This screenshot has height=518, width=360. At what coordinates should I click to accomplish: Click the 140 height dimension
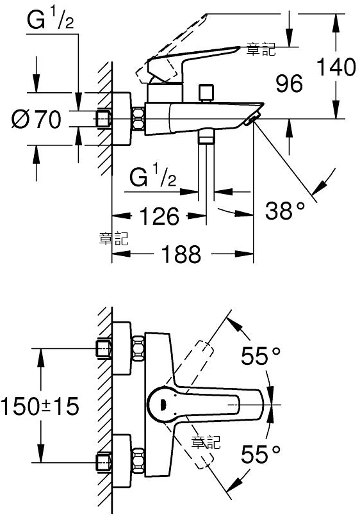[x=336, y=67]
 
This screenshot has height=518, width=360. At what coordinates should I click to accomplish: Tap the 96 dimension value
[x=290, y=84]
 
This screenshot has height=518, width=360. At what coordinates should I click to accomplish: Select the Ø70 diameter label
[x=37, y=119]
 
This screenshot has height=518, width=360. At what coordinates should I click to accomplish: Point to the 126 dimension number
[x=160, y=216]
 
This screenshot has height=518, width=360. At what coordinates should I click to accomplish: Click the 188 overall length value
[x=181, y=254]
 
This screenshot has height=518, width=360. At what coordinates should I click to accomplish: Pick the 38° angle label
[x=284, y=211]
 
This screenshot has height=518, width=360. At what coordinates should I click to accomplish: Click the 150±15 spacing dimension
[x=40, y=406]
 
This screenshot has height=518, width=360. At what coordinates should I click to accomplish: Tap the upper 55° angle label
[x=261, y=356]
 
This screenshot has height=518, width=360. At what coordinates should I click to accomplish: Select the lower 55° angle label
[x=261, y=454]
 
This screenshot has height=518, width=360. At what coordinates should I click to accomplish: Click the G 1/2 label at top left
[x=51, y=20]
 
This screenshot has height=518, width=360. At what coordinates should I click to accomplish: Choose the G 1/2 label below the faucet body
[x=152, y=177]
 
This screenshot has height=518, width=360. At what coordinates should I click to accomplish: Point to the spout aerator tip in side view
[x=252, y=119]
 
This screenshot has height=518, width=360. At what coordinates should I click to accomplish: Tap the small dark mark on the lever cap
[x=162, y=404]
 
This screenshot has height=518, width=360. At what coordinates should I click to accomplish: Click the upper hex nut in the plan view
[x=138, y=349]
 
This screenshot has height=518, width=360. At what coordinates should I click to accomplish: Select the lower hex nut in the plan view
[x=138, y=460]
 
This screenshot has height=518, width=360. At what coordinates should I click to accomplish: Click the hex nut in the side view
[x=138, y=119]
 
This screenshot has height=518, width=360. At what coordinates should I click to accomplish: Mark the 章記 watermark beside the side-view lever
[x=261, y=50]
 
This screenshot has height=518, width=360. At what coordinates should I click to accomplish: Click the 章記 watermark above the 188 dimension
[x=114, y=239]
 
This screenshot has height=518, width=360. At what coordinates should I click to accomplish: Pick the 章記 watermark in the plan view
[x=206, y=442]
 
